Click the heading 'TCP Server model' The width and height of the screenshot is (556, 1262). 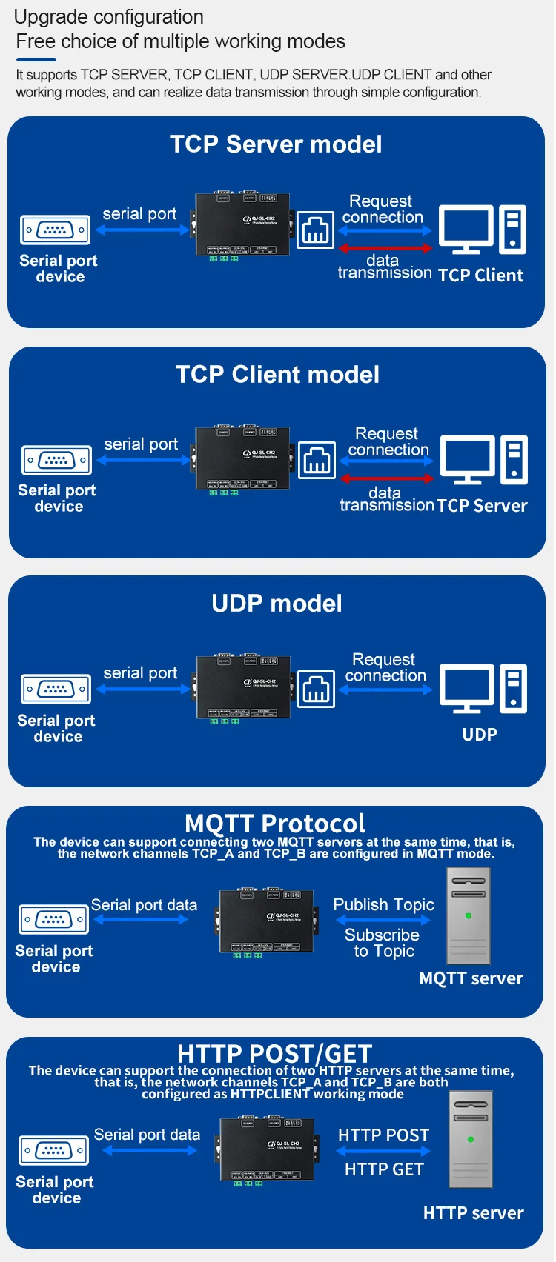(x=276, y=144)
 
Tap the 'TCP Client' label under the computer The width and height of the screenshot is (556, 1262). (x=480, y=276)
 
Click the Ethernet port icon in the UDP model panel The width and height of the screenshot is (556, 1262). (x=316, y=690)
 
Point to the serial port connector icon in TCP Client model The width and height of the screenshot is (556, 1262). (x=56, y=460)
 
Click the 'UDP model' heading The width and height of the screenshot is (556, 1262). (x=277, y=604)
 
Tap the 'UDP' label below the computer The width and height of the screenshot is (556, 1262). (x=480, y=735)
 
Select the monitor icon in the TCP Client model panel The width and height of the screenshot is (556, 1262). (x=468, y=458)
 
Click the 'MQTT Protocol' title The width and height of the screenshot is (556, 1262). (x=275, y=823)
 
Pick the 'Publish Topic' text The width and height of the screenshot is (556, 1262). (x=383, y=904)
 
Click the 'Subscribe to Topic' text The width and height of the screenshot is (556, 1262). (x=383, y=943)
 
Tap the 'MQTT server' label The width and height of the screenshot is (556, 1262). (x=471, y=978)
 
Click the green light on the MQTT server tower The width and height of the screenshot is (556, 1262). (x=469, y=916)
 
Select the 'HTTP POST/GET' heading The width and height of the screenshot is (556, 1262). (x=275, y=1053)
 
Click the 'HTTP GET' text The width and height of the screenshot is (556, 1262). (x=384, y=1169)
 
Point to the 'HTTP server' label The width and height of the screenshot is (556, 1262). (x=473, y=1213)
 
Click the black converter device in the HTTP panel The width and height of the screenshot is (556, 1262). (x=268, y=1149)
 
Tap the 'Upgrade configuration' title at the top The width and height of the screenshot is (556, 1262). (x=109, y=17)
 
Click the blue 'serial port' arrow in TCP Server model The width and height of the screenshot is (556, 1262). (x=142, y=230)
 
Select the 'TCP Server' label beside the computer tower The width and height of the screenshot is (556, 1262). (x=482, y=506)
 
